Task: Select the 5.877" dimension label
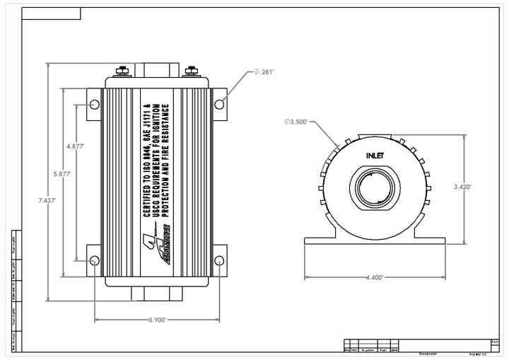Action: point(62,173)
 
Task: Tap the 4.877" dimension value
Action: point(76,146)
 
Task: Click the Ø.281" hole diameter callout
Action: point(264,72)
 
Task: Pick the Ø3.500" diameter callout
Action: point(296,122)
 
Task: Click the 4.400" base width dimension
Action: point(375,278)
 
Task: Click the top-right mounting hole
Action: point(219,105)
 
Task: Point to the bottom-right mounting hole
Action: point(219,261)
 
